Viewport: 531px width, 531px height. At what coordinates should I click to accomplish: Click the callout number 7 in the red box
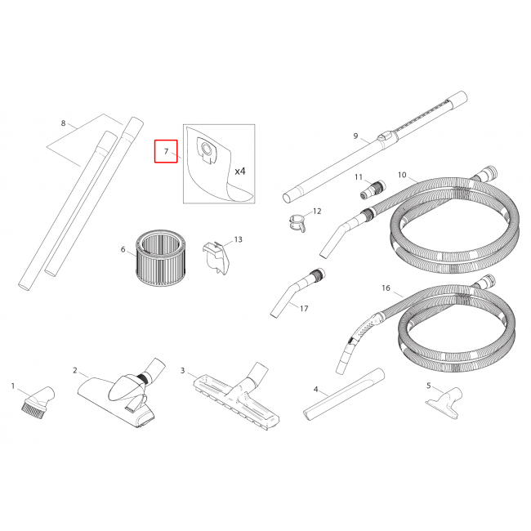166,151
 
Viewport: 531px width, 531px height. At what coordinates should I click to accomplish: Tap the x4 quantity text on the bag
240,172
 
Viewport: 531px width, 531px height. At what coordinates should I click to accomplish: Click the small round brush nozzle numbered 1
38,402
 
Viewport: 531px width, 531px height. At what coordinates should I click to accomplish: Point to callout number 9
355,136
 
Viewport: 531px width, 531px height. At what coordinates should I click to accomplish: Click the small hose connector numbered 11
373,190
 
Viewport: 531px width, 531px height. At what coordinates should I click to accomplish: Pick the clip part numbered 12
298,222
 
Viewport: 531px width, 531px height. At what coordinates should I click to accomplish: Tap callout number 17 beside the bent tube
304,309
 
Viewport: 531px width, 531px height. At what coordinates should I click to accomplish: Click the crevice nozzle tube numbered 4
344,395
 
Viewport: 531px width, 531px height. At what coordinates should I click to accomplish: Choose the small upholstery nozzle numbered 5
444,403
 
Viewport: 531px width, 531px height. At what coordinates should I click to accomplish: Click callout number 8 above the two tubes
63,123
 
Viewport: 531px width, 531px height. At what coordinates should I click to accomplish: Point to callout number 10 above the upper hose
402,175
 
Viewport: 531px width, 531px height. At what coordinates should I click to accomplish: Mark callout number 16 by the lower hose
386,288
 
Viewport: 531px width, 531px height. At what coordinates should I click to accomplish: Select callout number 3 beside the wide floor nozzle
182,371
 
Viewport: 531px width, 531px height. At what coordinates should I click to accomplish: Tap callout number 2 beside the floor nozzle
75,371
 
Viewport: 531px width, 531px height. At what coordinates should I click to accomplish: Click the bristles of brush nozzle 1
32,409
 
